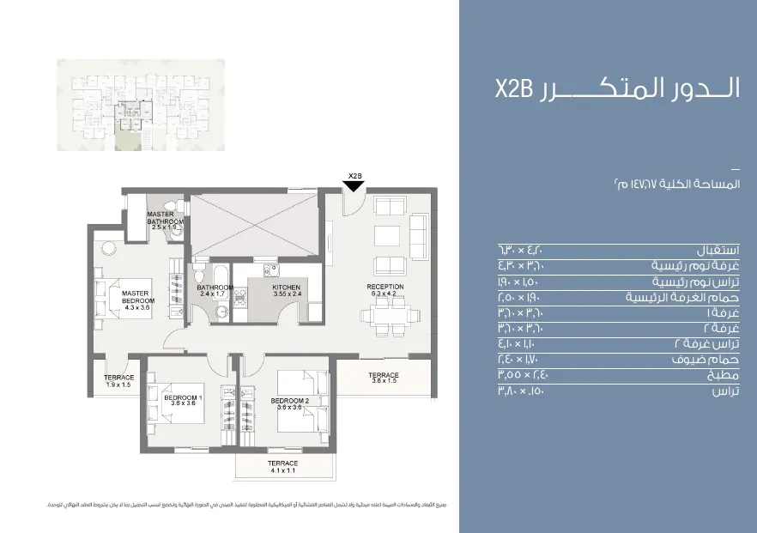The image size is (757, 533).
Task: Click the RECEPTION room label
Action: [385, 287]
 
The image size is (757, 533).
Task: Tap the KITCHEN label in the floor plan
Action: [287, 288]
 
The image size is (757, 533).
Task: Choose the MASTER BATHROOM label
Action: [165, 218]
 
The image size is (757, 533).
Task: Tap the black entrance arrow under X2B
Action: [354, 186]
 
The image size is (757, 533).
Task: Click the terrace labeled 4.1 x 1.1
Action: [282, 466]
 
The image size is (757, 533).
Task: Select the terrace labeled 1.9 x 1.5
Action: [118, 381]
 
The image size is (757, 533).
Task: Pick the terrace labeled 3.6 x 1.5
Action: [384, 379]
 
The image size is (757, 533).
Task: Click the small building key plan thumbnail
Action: [140, 105]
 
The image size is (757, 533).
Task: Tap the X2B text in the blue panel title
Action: [513, 90]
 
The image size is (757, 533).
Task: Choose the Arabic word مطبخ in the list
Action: [726, 375]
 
